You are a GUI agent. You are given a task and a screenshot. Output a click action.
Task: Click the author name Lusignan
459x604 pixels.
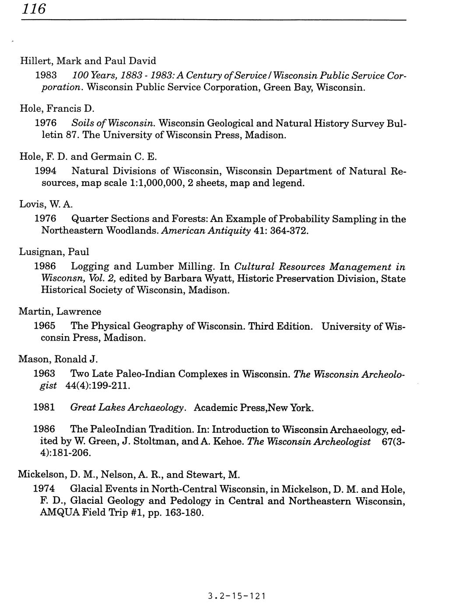40,252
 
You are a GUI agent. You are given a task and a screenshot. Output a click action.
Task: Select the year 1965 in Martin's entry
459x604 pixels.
45,326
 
